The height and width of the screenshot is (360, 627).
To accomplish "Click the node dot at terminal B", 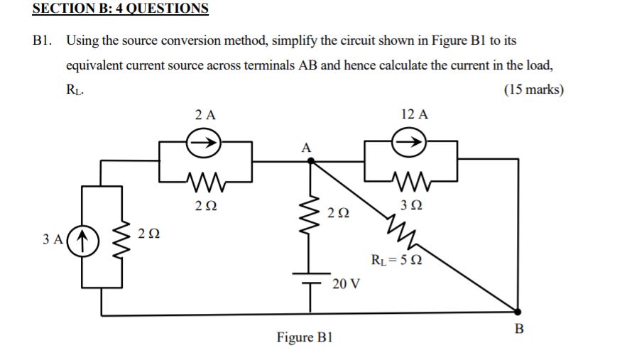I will click(516, 310).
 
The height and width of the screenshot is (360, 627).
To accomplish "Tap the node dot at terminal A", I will click(310, 161).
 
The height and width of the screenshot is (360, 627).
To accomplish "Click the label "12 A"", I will click(414, 114).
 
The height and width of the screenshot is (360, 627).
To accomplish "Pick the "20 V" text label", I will click(346, 284).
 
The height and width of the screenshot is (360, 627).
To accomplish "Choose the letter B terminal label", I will click(518, 329).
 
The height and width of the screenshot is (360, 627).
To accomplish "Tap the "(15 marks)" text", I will click(533, 89).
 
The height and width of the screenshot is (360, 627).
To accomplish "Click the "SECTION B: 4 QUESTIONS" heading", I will click(121, 9).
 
